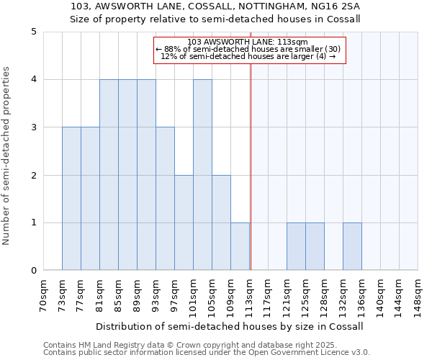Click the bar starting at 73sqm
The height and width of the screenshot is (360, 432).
[x=71, y=199]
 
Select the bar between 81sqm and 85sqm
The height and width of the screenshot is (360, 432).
[x=109, y=175]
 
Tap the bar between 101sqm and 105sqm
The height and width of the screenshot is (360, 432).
[x=202, y=175]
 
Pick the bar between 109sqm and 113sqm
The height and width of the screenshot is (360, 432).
[x=240, y=246]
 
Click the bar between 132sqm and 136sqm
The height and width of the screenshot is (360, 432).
[x=352, y=246]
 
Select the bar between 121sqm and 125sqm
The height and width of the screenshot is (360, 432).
[x=296, y=246]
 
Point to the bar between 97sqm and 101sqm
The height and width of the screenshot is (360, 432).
[x=184, y=222]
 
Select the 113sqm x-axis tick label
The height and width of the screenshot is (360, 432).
[x=250, y=295]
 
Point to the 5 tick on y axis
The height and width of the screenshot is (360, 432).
[x=34, y=32]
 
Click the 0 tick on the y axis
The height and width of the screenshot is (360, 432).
[x=34, y=271]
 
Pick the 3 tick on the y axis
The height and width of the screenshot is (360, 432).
[x=34, y=127]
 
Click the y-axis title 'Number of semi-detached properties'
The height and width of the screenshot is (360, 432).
[x=7, y=156]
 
